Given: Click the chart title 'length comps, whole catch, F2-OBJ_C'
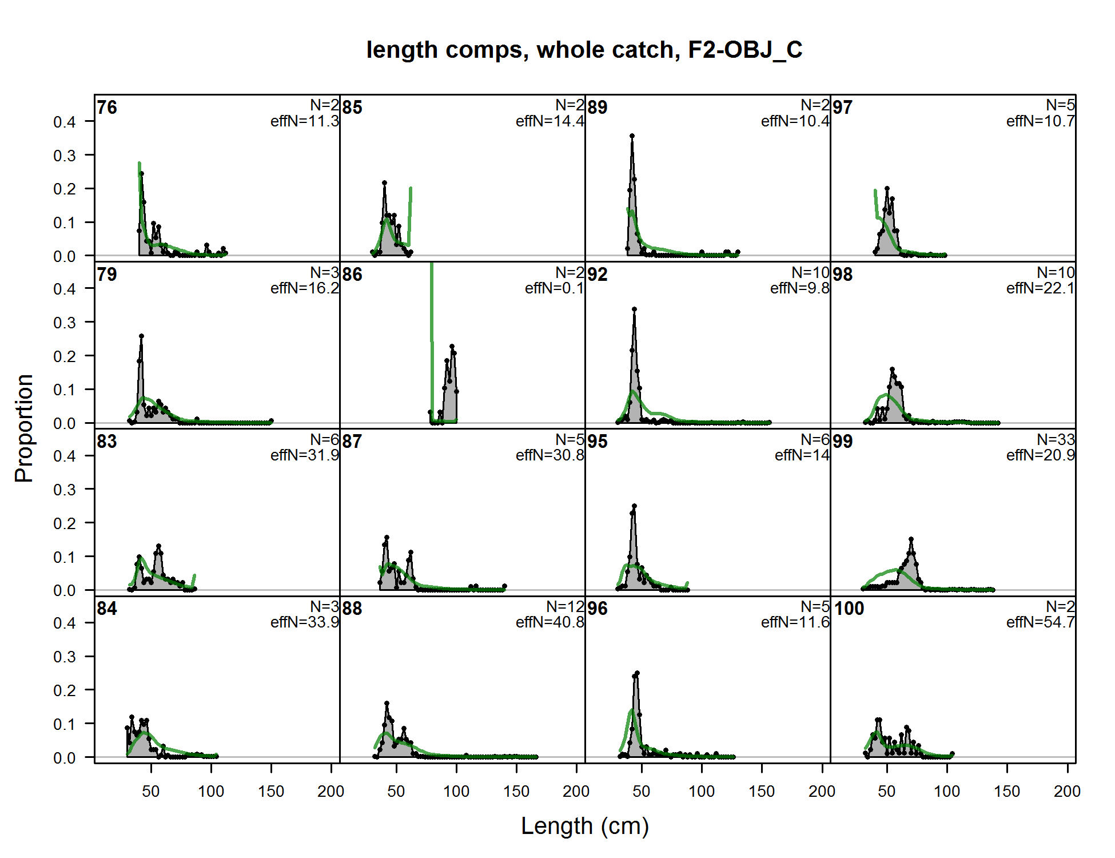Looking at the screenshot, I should [584, 50].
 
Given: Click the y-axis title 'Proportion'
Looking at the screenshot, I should [24, 428].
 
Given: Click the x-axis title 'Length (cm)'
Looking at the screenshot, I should [585, 826].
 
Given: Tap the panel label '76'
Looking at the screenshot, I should [107, 108].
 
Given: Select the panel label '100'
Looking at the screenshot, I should [849, 609].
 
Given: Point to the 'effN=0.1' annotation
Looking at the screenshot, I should [554, 288].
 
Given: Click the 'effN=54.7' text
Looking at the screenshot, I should [1040, 622].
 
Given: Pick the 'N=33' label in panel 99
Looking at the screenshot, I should [1056, 439].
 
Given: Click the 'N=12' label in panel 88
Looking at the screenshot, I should [565, 606].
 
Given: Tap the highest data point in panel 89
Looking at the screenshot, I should [632, 136].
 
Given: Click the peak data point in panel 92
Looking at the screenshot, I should [634, 309].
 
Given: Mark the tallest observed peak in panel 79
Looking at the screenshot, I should [141, 336].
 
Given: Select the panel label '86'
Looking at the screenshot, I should [352, 275].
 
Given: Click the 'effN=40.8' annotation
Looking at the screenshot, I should [549, 622].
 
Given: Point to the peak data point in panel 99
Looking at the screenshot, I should [911, 539].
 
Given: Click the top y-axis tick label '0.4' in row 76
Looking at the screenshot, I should [64, 122].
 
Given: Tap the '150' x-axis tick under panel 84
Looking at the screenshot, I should [271, 792].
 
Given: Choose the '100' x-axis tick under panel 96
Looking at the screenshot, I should [702, 792].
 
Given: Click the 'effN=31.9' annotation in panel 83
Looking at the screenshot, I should [305, 455].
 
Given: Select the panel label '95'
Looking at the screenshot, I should [598, 442].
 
